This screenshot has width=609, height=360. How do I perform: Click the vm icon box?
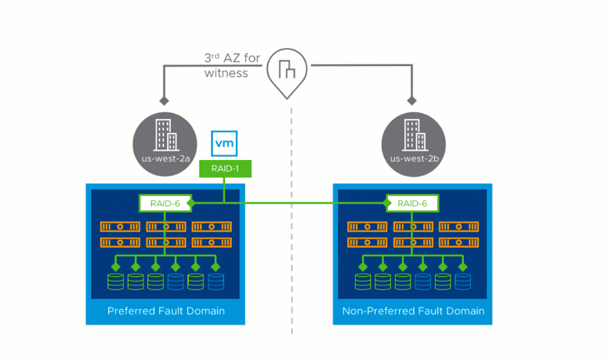pos(225,144)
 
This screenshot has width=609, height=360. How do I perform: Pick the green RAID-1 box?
pos(225,168)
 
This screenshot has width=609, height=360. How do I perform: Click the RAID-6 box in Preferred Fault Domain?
pos(165,203)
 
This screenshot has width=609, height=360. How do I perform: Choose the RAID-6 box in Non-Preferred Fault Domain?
pos(412,203)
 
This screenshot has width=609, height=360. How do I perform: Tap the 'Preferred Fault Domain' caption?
pos(165,311)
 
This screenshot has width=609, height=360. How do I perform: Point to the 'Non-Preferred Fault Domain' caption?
pos(413,311)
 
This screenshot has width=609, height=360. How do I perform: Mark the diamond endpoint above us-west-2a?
pos(164,101)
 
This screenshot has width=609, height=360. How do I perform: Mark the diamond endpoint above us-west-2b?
pos(411,101)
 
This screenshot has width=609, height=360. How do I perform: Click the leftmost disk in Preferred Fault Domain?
pos(115,281)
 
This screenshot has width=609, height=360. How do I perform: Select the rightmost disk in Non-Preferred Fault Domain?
pos(463,281)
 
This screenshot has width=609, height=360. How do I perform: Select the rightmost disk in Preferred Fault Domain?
pos(216,281)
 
